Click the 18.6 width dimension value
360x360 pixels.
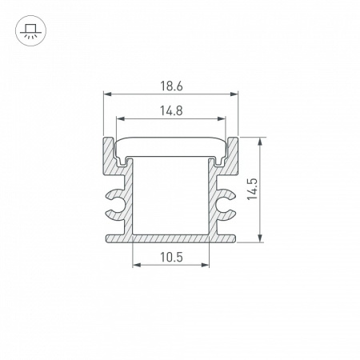171,85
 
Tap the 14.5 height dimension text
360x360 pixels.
254,189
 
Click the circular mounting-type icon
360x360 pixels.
30,30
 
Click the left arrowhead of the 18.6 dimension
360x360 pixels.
107,94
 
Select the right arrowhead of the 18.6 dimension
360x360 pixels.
236,94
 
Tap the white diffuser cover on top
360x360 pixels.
171,146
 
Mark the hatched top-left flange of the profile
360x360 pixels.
107,156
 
